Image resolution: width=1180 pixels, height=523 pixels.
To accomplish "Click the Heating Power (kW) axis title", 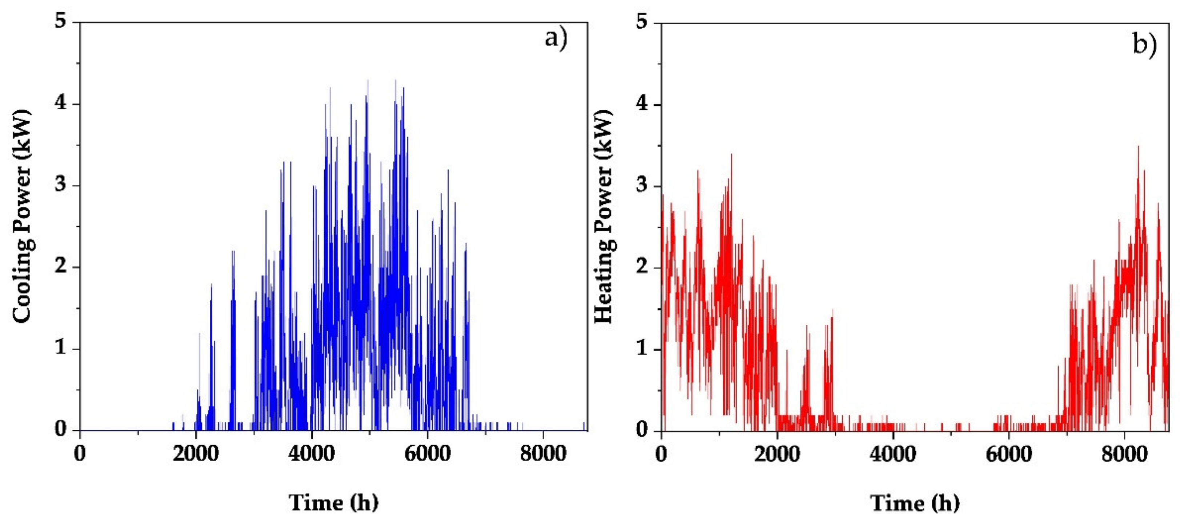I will [x=604, y=217].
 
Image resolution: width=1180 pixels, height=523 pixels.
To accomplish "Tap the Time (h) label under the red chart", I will [x=915, y=503].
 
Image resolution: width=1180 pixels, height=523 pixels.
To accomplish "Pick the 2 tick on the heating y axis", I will [x=642, y=268].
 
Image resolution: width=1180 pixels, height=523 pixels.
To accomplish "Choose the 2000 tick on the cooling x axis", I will [x=196, y=454].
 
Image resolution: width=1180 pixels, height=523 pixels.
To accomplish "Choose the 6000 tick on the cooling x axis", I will [x=428, y=454].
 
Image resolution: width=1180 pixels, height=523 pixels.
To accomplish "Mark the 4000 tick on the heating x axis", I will [x=893, y=454].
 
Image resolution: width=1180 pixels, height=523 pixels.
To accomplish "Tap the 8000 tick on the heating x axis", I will [x=1125, y=454].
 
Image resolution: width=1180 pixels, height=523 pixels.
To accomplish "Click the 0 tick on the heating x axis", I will [x=661, y=454].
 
